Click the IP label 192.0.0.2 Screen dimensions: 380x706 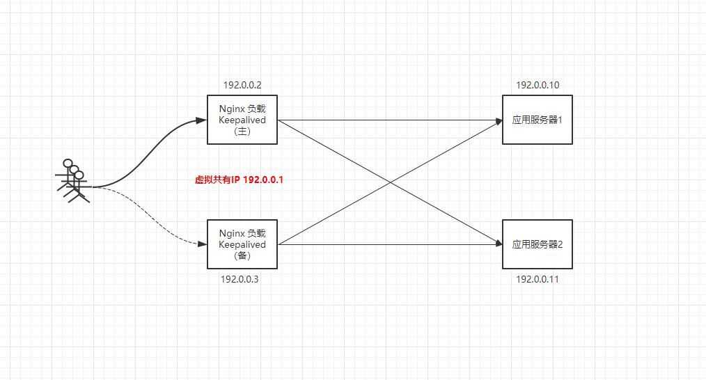242,86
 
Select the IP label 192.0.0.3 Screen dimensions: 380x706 240,279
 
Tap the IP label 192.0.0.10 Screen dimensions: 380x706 538,86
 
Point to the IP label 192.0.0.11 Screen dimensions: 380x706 538,279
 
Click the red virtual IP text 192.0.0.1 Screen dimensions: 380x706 239,180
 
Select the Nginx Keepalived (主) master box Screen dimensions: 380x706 242,120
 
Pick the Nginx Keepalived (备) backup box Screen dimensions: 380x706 242,244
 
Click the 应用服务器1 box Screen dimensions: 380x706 538,120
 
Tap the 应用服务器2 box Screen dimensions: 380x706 538,244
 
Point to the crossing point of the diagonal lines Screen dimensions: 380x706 391,182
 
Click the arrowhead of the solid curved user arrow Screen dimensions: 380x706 203,120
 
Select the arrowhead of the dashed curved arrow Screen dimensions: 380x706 203,244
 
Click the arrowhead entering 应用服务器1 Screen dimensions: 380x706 499,120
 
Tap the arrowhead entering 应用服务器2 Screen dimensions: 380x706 499,244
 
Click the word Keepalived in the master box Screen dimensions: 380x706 242,120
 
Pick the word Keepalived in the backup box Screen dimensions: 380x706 242,244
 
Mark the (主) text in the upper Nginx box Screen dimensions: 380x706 242,131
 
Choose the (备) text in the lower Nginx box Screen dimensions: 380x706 242,255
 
